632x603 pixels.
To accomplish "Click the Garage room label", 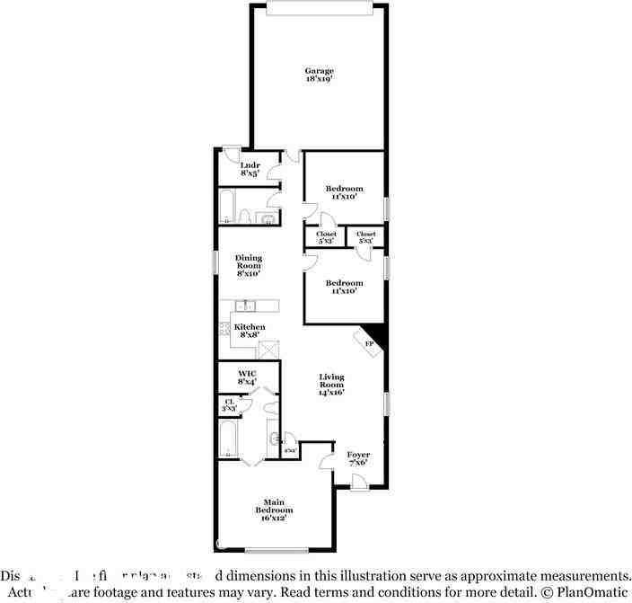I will pyautogui.click(x=319, y=71).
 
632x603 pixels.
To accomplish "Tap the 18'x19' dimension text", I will pyautogui.click(x=319, y=80).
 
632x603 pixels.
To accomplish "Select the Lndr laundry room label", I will pyautogui.click(x=250, y=164).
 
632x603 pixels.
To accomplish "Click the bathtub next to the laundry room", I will pyautogui.click(x=227, y=207).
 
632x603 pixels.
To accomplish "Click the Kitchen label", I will pyautogui.click(x=250, y=327).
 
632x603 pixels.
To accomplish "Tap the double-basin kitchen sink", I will pyautogui.click(x=244, y=306).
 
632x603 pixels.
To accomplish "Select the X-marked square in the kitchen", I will pyautogui.click(x=268, y=350).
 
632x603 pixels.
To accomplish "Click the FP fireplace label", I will pyautogui.click(x=368, y=342).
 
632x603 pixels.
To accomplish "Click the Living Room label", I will pyautogui.click(x=331, y=381).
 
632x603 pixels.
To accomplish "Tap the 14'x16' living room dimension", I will pyautogui.click(x=331, y=392).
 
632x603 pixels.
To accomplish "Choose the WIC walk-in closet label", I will pyautogui.click(x=247, y=372).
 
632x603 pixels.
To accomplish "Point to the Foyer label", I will pyautogui.click(x=357, y=455).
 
